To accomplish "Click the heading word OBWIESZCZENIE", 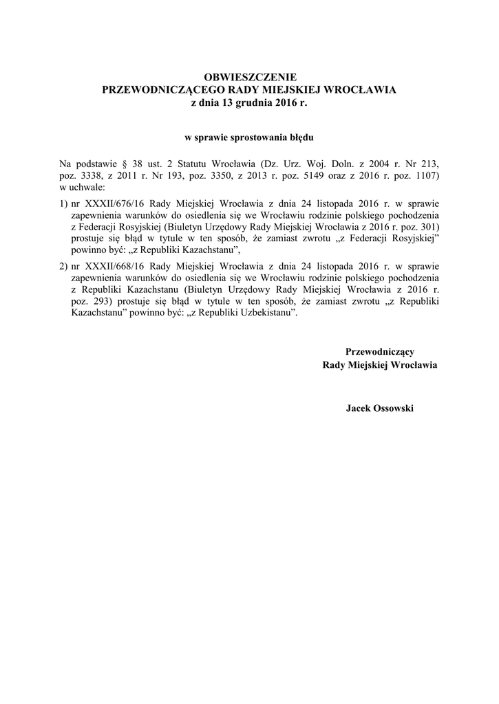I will (249, 78).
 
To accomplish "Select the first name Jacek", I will (359, 408).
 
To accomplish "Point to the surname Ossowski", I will (394, 408).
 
